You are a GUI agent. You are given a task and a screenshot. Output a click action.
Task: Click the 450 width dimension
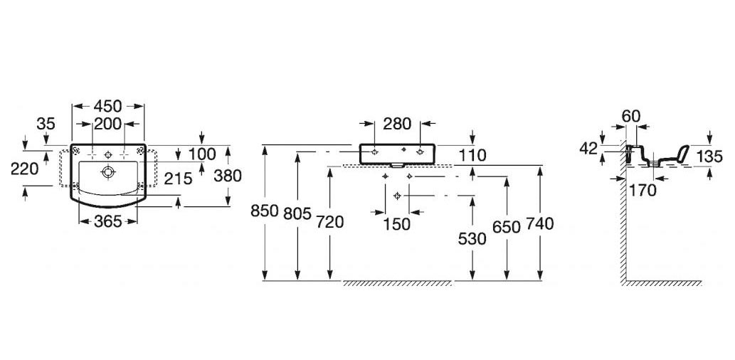pos(109,106)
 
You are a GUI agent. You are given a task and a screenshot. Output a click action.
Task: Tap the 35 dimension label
pos(46,124)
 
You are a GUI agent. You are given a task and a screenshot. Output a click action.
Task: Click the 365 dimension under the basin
pos(107,221)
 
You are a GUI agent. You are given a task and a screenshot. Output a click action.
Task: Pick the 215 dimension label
pos(177,179)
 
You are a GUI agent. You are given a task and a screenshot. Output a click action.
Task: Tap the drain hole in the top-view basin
pos(107,171)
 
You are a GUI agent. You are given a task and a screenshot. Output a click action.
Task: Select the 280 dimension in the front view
pos(397,123)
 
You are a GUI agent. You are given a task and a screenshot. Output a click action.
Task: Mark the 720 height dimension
pos(329,222)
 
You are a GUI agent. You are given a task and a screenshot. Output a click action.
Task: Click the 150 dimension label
pos(396,224)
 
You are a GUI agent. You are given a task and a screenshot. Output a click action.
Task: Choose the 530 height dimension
pos(472,239)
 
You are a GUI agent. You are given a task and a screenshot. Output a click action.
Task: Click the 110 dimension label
pos(472,154)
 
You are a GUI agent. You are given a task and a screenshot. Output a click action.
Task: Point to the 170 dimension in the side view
pos(641,189)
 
